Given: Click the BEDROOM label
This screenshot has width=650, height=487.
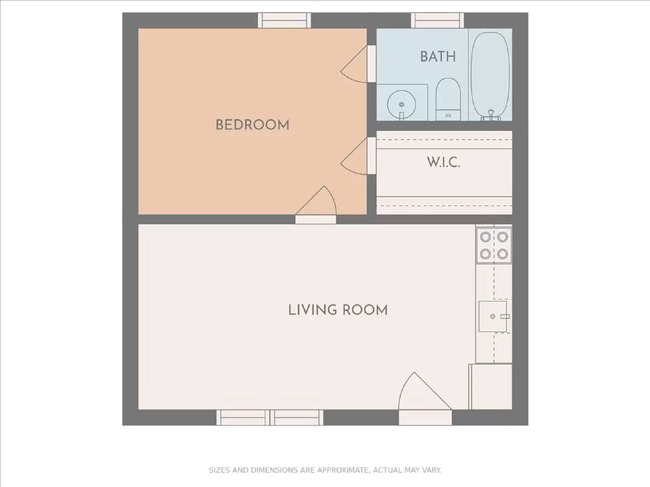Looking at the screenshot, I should [252, 125].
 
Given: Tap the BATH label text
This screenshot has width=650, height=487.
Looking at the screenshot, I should [438, 56].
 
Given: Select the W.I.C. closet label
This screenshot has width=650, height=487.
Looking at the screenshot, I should [443, 162].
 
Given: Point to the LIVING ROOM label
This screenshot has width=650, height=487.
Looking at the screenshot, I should [338, 310].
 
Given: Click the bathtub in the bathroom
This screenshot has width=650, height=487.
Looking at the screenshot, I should [490, 75].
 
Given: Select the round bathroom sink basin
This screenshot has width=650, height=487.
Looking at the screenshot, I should [401, 104].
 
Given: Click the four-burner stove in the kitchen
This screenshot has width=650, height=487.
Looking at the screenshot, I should [494, 245].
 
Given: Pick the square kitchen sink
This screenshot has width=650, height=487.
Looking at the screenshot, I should [492, 317].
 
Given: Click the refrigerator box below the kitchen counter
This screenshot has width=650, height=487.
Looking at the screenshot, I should [491, 387].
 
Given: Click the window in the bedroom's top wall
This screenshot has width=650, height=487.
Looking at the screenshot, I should [284, 20].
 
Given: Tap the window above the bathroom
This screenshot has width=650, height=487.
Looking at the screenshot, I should [437, 20].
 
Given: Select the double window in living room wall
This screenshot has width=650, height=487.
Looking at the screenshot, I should [270, 418].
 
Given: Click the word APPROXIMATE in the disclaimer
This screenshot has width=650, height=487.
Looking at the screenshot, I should [343, 470].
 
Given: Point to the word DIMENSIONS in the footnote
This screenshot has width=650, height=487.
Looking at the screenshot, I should [274, 470].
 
